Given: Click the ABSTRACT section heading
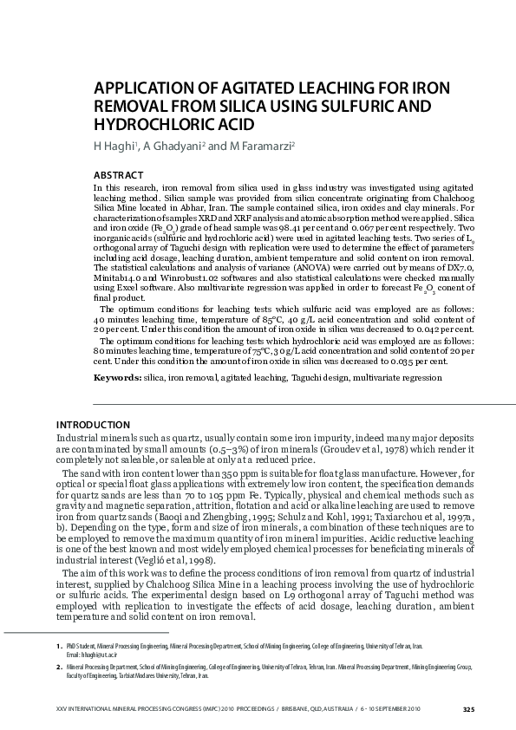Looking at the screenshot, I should tap(119, 175).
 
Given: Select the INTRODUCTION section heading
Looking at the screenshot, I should tap(93, 425).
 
